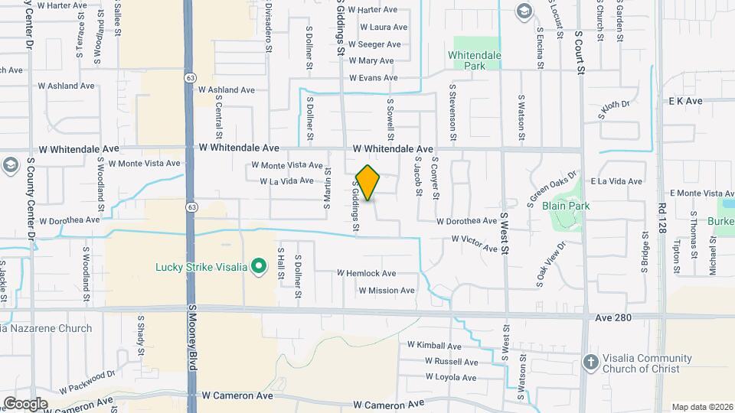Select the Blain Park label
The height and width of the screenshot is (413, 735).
pos(565,206)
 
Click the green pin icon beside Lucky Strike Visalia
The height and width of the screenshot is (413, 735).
pos(259,267)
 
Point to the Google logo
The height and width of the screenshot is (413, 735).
pos(25,403)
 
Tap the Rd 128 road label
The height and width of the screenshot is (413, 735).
pos(662,216)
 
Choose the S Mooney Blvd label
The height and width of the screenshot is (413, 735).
pos(192,337)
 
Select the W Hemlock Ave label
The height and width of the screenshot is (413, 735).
pos(367,273)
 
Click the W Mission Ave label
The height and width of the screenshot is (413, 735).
pos(387,291)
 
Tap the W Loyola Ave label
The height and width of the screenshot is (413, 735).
pos(443,377)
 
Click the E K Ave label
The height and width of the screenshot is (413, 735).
pos(685,101)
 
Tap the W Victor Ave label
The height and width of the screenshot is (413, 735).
pos(475,239)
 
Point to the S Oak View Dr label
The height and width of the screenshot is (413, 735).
pos(550,265)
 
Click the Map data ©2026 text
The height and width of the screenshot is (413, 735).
pos(701,407)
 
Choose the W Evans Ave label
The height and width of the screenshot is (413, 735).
pos(374,78)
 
